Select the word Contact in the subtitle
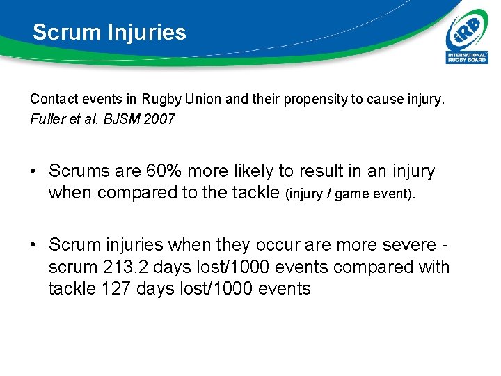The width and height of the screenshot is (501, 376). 51,100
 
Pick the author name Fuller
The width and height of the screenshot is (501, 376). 47,119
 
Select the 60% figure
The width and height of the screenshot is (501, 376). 164,171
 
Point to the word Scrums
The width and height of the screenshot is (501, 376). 79,171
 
